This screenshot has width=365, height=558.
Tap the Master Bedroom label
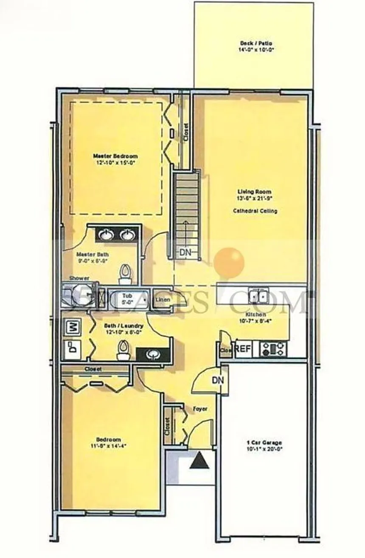pos(115,156)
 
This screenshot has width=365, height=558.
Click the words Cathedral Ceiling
pos(255,211)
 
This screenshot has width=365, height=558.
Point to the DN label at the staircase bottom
pos(185,252)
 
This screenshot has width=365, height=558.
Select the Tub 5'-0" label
pos(127,298)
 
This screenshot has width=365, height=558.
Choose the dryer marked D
pos(72,349)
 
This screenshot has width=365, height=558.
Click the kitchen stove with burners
pos(273,349)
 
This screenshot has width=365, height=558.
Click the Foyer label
pos(200,409)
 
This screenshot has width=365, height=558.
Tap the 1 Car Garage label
pos(264,442)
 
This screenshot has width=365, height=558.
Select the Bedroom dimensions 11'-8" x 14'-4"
pos(108,446)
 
